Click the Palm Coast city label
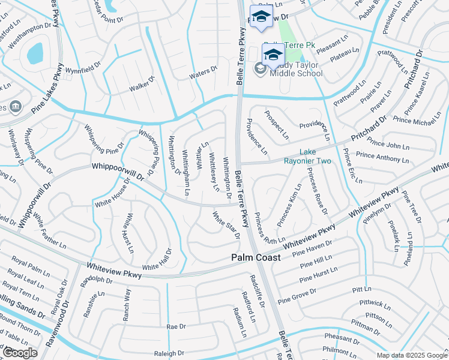coord(256,257)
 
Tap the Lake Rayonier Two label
coord(316,157)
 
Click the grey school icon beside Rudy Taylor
coord(261,69)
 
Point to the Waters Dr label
coord(203,72)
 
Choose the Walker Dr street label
coord(142,84)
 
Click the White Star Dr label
coord(226,225)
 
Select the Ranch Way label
coord(127,305)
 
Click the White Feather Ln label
coord(50,233)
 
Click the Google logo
coord(20,353)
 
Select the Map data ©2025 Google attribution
coord(412,355)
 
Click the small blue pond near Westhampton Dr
coord(35,53)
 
